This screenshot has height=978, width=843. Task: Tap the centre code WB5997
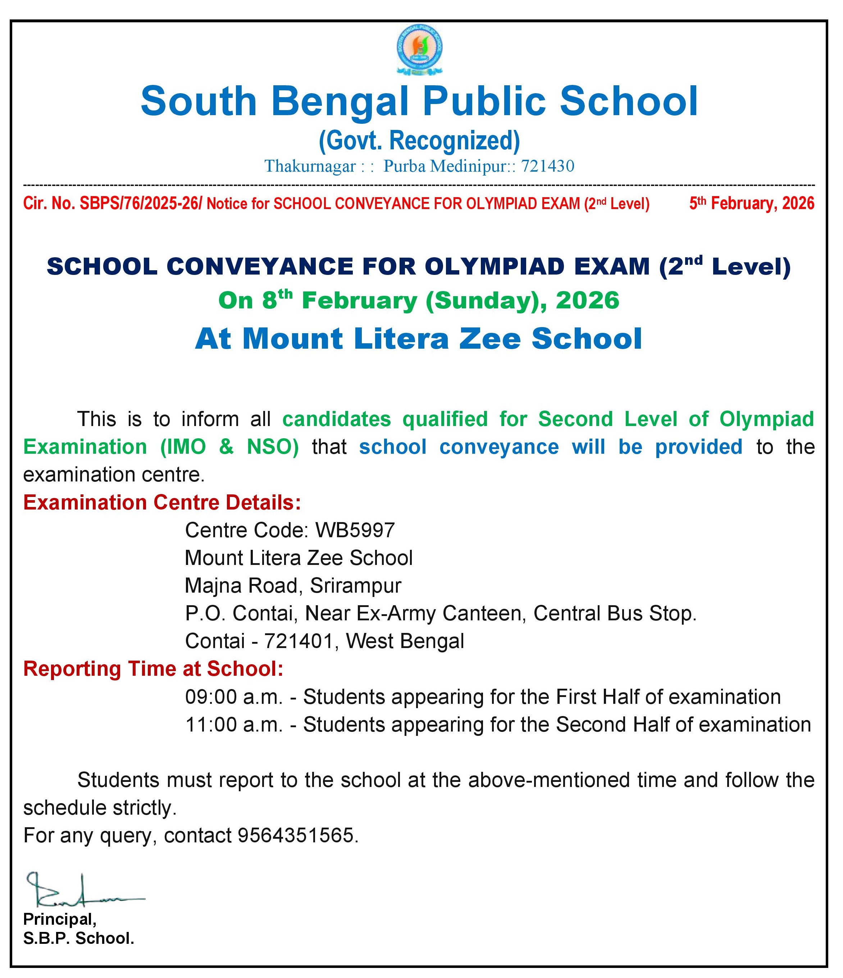355,530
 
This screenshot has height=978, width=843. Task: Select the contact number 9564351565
295,836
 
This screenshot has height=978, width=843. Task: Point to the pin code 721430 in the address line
547,166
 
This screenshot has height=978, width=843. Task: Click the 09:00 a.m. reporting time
233,697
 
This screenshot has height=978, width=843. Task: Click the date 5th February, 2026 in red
752,203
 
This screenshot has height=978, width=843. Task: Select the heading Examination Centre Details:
162,503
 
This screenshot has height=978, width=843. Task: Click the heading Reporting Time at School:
153,669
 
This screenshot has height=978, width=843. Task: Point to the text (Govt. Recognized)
419,141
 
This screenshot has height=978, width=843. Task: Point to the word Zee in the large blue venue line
491,339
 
